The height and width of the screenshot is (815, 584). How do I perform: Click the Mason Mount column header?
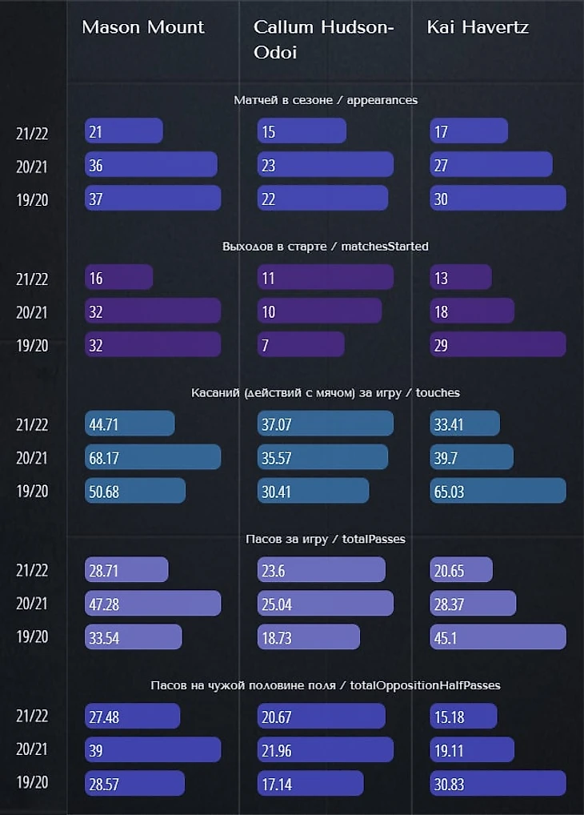click(143, 27)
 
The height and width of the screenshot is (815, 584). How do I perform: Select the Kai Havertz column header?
click(478, 27)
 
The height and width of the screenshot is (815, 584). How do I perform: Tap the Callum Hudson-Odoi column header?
click(324, 38)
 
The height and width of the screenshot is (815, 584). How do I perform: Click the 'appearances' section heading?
click(326, 100)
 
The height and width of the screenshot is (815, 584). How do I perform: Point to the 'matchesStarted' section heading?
click(326, 246)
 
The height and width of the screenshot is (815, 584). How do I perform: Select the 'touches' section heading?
click(326, 392)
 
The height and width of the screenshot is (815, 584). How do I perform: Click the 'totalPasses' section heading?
click(326, 539)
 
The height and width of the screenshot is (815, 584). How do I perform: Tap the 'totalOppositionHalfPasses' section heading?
click(326, 685)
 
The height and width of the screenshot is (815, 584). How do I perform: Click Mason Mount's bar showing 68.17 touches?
click(153, 457)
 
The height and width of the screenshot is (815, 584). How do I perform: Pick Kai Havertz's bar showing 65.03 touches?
click(498, 491)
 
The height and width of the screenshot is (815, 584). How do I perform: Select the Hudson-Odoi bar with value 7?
click(301, 344)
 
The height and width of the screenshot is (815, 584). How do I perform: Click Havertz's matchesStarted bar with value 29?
click(498, 344)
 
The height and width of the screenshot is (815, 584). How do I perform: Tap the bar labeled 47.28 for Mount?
click(153, 604)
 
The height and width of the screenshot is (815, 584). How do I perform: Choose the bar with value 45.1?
click(498, 636)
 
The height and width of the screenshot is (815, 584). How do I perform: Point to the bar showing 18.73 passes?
click(309, 636)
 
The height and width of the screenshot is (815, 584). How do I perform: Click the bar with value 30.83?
click(498, 783)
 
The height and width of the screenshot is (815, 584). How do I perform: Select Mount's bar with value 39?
click(153, 750)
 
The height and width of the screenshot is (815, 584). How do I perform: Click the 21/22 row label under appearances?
click(32, 133)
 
